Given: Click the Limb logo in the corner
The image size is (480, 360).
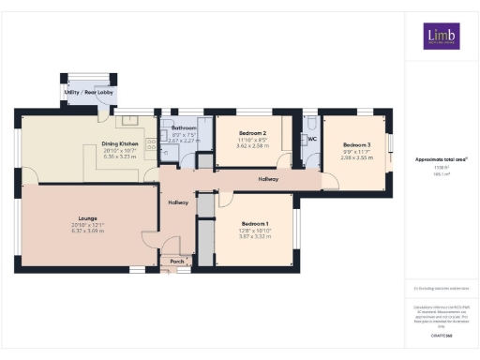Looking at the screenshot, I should pos(441,37).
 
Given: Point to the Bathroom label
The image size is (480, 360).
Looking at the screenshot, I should pos(184,127).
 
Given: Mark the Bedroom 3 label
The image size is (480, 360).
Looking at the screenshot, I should pos(356,144).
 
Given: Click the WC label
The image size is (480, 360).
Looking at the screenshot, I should pos(313,139).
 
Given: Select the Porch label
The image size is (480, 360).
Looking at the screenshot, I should pos(176,262).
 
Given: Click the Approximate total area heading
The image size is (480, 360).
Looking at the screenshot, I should pos(441,159).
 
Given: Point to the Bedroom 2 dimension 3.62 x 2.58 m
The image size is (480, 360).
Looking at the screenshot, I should pos(252,146).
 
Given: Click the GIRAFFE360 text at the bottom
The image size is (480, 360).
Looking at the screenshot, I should pos(441,335).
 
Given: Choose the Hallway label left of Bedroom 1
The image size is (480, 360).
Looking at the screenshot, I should pos(178,202).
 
